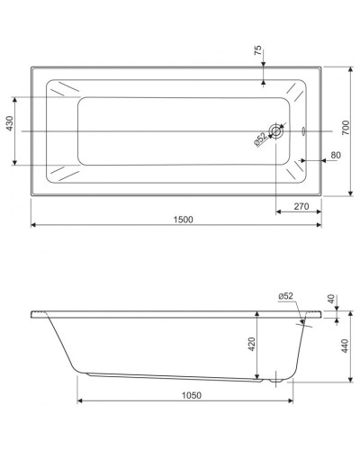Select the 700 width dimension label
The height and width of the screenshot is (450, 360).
[x=346, y=130]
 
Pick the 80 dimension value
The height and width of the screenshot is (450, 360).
[x=335, y=156]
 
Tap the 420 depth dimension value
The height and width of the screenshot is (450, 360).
[x=252, y=343]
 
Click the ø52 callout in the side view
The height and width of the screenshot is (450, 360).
[x=285, y=296]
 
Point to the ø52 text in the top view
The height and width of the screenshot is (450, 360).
[x=260, y=139]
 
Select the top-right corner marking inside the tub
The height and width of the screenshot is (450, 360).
[x=294, y=91]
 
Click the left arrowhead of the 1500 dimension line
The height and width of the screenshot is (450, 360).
[x=35, y=226]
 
